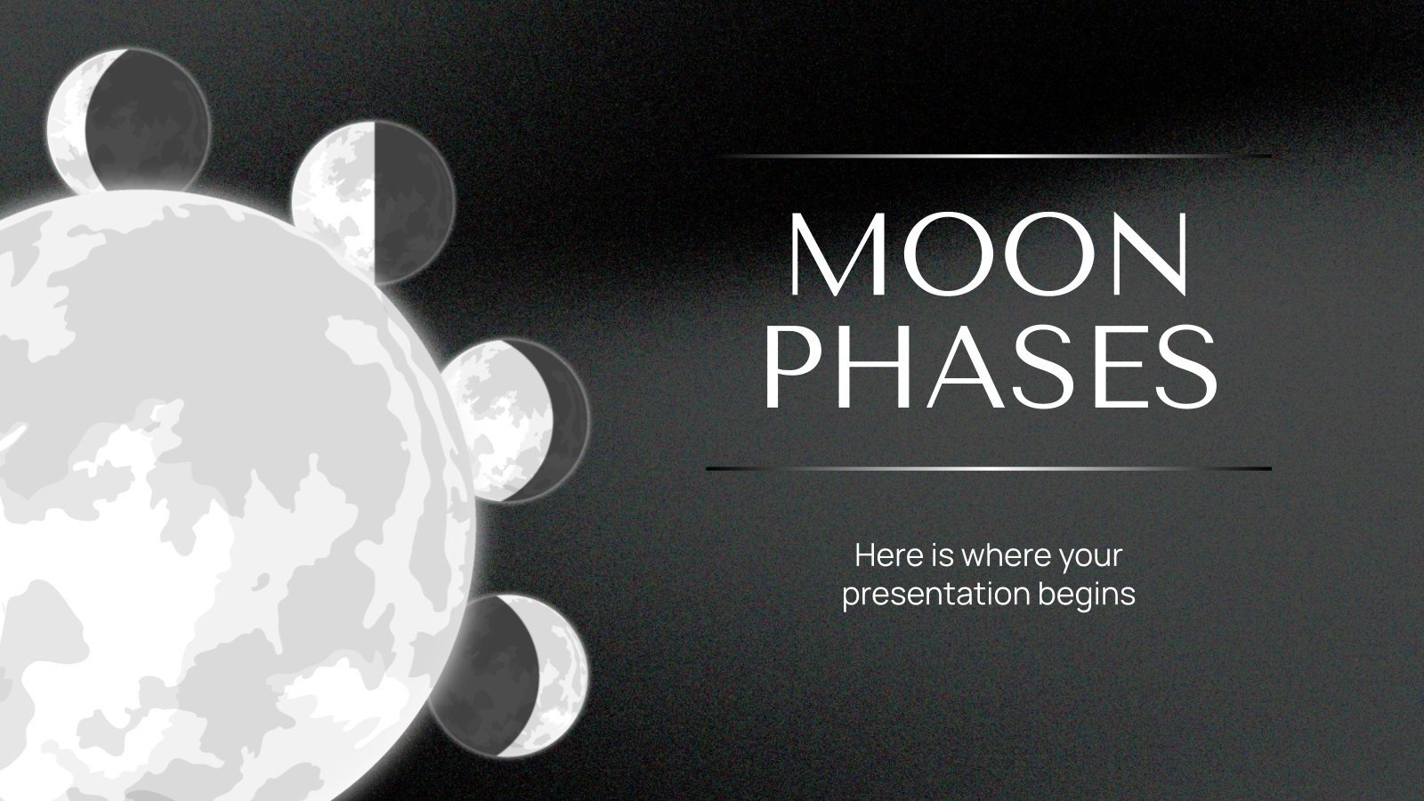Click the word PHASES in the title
(990, 366)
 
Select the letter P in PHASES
(789, 366)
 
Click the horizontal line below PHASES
(988, 468)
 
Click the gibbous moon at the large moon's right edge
(516, 418)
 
